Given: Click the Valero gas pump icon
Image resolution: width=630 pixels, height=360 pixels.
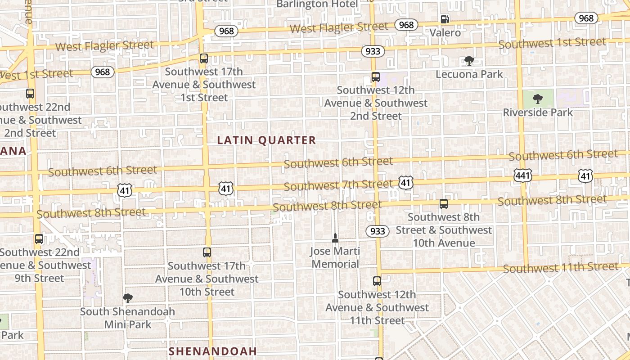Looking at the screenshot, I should coord(445,19).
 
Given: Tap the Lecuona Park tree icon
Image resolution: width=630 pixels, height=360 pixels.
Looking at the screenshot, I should coord(469,61).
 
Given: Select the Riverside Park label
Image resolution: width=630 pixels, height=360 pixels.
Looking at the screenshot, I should coord(538,112).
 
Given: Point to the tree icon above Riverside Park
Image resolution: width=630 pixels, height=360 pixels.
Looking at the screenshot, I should coord(537,99).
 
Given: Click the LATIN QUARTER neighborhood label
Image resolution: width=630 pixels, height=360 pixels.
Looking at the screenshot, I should coord(266,140).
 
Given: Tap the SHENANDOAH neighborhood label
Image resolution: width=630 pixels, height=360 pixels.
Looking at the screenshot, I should coord(212,351).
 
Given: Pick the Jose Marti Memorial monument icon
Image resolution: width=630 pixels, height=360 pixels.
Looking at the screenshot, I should coord(335,238).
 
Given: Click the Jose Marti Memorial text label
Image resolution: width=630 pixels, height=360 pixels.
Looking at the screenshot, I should coord(336,257).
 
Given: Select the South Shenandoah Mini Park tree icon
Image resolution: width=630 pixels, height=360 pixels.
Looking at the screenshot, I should coord(128,298).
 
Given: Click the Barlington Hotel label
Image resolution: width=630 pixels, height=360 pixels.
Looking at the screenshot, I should coord(317,4).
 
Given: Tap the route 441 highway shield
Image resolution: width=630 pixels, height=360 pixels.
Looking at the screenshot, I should coord(523,175).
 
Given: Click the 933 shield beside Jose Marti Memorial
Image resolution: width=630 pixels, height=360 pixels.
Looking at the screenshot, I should coord(378,231).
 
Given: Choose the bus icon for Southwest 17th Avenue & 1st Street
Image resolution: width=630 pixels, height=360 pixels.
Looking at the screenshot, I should coord(204,58).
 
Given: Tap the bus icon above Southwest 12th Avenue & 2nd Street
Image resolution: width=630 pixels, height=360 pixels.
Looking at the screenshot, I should coord(376,77).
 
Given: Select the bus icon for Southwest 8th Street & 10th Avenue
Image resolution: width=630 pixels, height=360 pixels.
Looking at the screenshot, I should coord(444,204).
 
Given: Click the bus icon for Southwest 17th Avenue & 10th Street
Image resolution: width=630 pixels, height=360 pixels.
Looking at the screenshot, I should coord(207,252).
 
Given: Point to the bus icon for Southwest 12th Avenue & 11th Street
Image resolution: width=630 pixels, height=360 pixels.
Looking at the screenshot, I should coord(377,281).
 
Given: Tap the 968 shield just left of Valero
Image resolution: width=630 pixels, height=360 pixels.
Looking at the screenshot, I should coord(406,25).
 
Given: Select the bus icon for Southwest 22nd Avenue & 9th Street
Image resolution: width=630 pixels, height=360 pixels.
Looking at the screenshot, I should coord(39,239).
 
